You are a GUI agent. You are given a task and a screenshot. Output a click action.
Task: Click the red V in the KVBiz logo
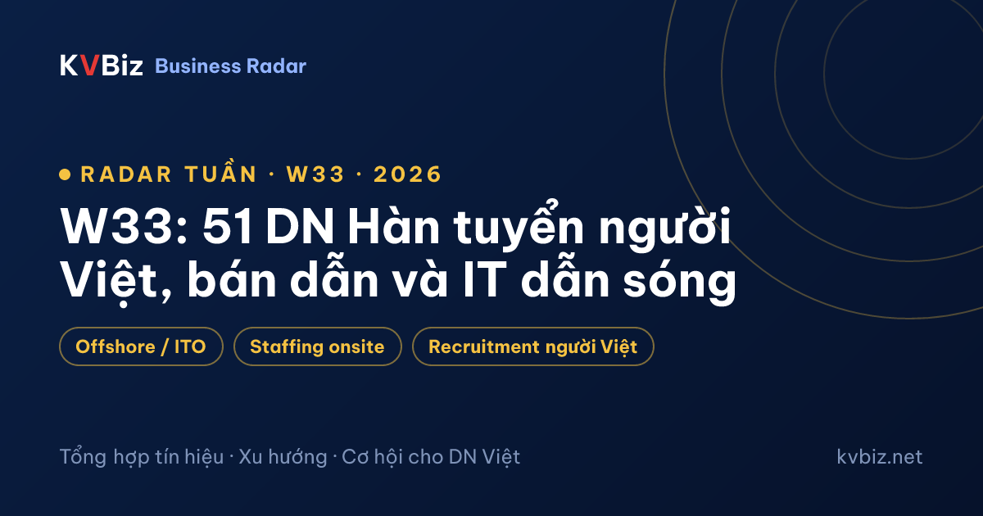click(x=89, y=66)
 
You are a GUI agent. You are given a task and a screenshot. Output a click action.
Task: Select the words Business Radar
click(x=230, y=66)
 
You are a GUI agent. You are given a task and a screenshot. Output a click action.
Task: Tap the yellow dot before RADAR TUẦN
click(x=65, y=174)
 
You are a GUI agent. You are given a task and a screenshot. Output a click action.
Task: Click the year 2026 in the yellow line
click(x=407, y=174)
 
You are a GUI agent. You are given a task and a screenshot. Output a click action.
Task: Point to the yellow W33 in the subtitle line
click(x=315, y=174)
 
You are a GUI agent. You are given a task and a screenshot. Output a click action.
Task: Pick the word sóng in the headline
click(x=679, y=280)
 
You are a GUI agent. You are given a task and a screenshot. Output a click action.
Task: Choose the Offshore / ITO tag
click(x=141, y=346)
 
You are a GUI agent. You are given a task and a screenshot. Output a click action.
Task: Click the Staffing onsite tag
click(x=317, y=346)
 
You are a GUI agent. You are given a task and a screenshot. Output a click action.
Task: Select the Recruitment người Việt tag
click(x=532, y=346)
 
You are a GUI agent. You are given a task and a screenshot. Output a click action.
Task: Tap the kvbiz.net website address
click(x=879, y=457)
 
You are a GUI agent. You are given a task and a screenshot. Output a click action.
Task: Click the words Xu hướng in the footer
click(x=283, y=457)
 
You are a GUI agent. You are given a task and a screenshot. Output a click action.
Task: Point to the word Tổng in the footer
click(x=83, y=456)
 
